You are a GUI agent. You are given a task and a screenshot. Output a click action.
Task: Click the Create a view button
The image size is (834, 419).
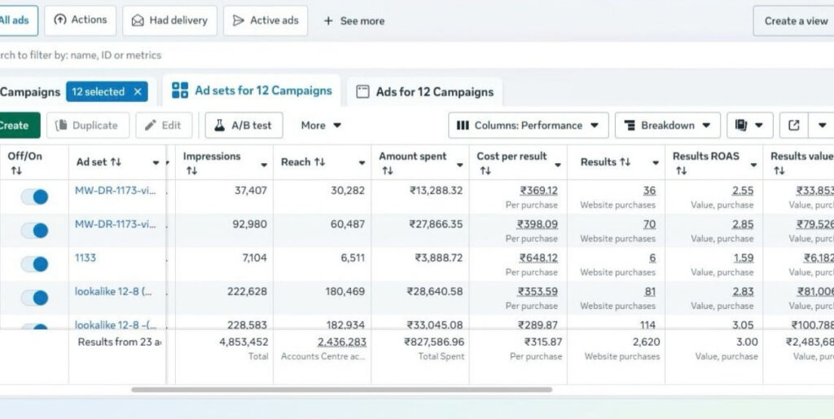point(795,21)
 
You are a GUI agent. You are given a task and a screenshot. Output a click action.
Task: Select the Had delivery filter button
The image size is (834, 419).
point(169,20)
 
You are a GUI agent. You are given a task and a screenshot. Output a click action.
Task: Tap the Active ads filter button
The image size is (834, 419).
point(266,20)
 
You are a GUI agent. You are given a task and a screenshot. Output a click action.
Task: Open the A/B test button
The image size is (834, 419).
point(244,126)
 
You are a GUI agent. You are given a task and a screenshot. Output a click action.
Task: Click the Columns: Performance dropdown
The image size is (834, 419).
point(528,126)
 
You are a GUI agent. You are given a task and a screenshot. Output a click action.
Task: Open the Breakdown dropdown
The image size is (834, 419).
point(667,126)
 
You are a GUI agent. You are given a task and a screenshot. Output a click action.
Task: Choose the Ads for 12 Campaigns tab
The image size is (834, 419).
point(424,92)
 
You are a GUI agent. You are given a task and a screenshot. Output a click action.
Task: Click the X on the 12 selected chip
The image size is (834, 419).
point(138,92)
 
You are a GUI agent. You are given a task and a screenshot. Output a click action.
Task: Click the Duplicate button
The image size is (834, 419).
point(87,126)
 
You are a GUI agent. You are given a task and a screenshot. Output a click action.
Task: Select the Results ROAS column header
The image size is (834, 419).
point(702,157)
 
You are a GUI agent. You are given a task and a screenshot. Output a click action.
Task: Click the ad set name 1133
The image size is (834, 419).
point(86,258)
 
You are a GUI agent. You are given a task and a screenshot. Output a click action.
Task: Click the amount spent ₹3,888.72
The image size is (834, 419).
point(438,258)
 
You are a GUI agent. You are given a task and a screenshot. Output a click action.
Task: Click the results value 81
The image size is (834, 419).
point(648,291)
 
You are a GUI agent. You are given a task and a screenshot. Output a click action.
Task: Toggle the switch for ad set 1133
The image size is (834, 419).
point(34,263)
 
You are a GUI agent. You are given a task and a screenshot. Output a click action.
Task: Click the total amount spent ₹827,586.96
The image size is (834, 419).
point(434,342)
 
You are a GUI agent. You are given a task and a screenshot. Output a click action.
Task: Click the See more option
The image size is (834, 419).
point(354,21)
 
